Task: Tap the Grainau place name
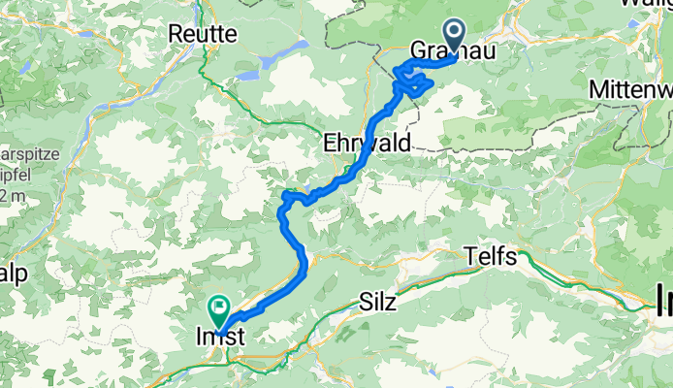tap(453, 50)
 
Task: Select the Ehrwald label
tap(368, 143)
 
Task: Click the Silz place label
tap(377, 302)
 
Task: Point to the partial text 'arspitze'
tap(16, 154)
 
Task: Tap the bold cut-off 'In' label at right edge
tap(663, 295)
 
